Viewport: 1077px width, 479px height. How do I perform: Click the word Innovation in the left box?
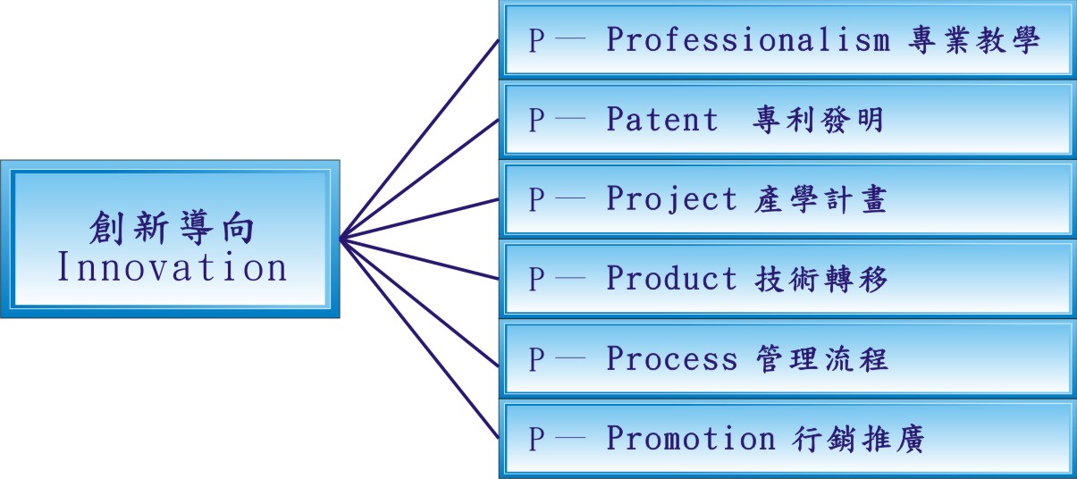(172, 268)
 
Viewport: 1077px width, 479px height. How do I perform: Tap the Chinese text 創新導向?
(172, 229)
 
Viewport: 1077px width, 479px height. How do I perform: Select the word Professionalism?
(748, 40)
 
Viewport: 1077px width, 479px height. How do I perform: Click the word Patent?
(662, 120)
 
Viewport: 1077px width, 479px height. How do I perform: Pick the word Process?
(672, 358)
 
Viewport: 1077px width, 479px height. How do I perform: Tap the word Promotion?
(691, 438)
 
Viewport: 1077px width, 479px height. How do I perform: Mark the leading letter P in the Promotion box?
(536, 439)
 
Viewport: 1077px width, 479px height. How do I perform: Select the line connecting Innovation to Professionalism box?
(420, 139)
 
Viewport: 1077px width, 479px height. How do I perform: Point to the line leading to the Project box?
(420, 219)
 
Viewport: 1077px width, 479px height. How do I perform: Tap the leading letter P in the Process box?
(536, 359)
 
